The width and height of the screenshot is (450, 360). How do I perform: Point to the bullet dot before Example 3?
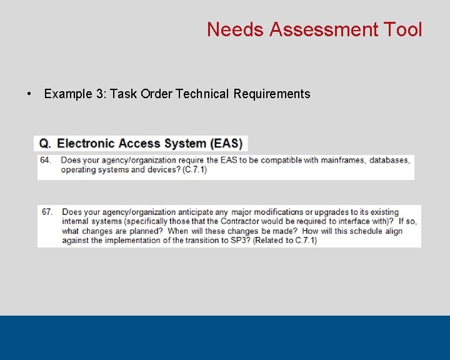29,94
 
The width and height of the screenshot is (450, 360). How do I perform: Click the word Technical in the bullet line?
202,94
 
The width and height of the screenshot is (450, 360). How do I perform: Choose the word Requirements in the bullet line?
272,94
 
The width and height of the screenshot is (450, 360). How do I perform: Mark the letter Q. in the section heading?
45,143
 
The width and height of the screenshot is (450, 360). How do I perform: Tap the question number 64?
46,160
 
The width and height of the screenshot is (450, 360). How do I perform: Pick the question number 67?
47,212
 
